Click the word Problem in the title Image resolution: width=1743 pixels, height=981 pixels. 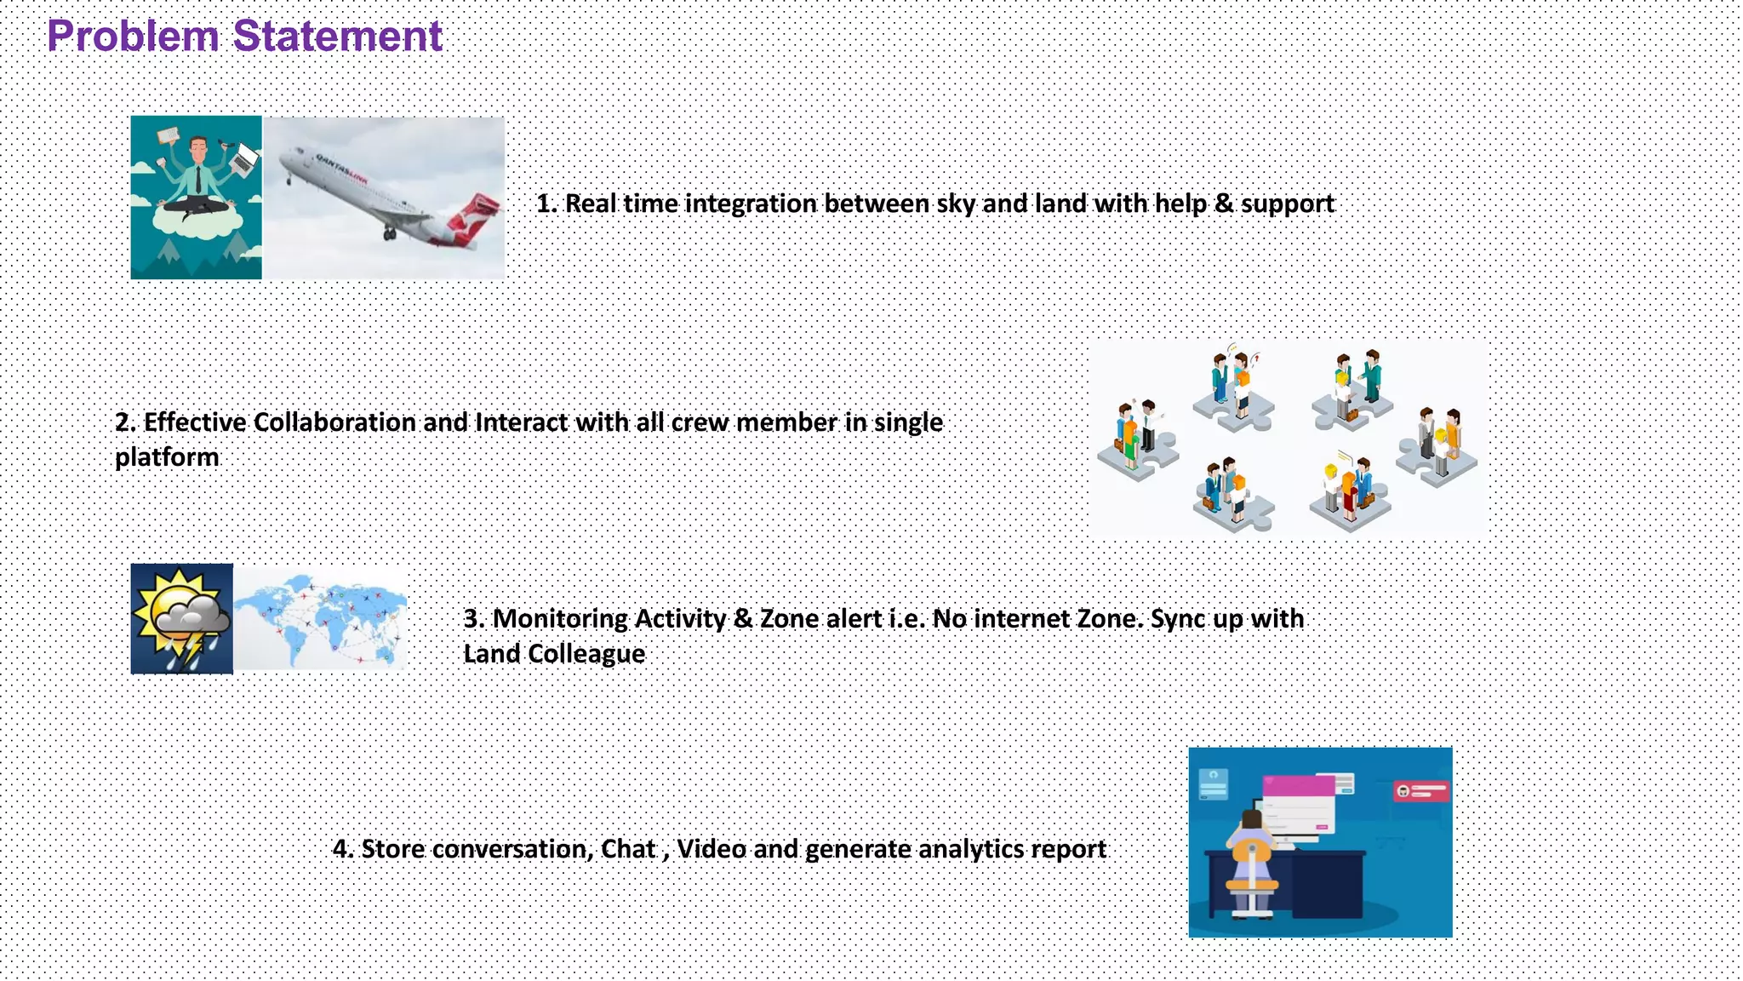coord(133,37)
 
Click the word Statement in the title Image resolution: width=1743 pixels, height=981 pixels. coord(337,37)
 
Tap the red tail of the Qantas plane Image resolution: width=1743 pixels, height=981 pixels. coord(473,218)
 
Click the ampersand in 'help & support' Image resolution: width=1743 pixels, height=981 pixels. coord(1223,204)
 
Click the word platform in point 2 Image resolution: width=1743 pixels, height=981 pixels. coord(167,457)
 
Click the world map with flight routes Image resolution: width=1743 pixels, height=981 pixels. coord(320,619)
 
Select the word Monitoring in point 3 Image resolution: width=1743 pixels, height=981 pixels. coord(559,618)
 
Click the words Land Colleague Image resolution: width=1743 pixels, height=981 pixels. coord(554,654)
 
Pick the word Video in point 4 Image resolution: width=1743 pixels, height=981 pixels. coord(711,849)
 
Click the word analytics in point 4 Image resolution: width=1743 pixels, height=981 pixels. coord(971,849)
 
